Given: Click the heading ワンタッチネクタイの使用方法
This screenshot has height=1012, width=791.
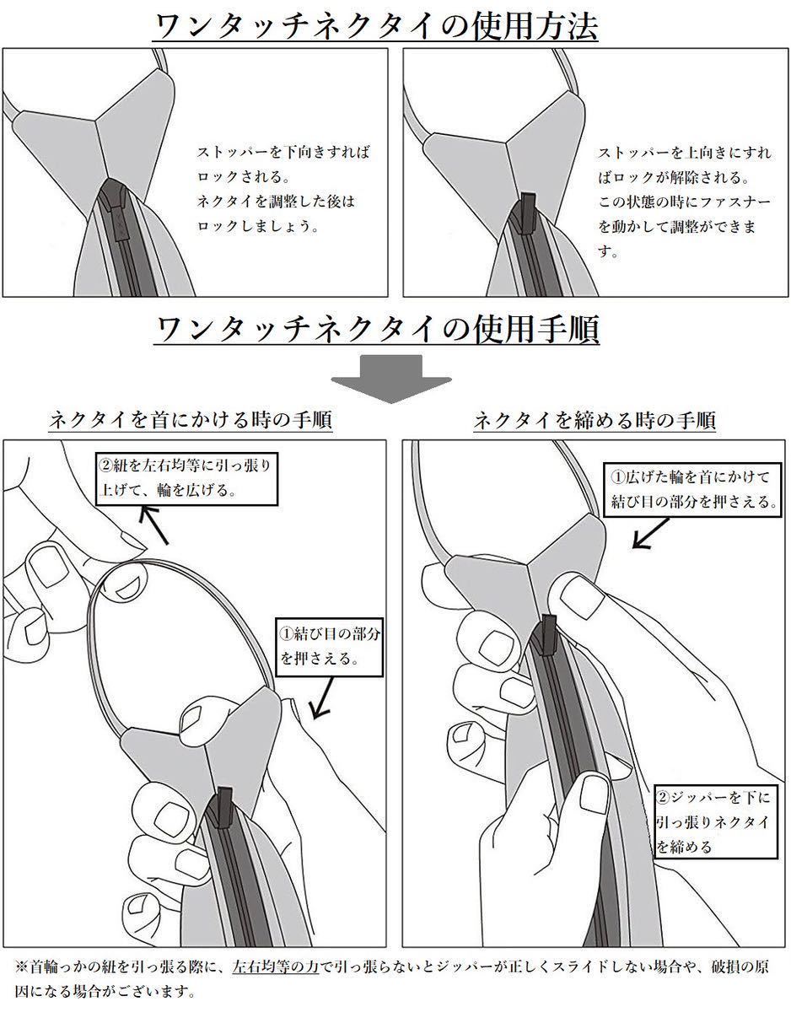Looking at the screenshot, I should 375,26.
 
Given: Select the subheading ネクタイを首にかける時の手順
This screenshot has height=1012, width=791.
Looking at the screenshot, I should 191,420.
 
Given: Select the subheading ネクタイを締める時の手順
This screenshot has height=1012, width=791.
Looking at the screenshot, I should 594,420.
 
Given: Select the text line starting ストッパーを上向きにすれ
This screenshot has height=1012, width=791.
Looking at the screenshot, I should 684,153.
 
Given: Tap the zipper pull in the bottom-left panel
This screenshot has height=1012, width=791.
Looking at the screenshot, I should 224,805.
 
